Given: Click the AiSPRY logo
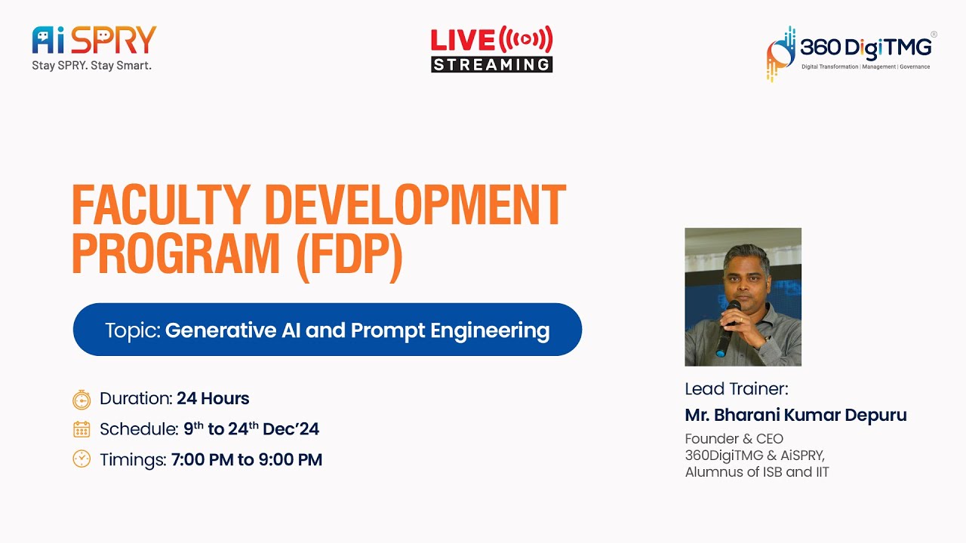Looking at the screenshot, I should click(x=94, y=40).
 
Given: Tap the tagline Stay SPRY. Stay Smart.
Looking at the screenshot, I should click(x=91, y=66).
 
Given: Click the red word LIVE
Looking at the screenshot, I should click(x=462, y=39).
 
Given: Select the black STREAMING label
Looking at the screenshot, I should click(x=491, y=64).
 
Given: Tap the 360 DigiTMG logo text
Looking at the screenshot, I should click(x=865, y=48).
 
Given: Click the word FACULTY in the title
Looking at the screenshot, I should click(x=160, y=205).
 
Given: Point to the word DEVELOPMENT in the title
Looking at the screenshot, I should click(x=414, y=205).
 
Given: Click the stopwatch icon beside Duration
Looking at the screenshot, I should click(x=82, y=399).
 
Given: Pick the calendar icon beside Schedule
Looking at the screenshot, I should click(x=82, y=429).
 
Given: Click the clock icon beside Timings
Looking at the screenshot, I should click(x=82, y=459).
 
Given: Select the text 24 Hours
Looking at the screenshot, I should click(x=213, y=398).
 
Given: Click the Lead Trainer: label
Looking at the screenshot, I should click(x=736, y=389).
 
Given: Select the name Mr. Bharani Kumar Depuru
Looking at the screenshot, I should click(x=795, y=415).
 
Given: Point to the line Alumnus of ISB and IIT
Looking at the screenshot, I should click(x=756, y=472).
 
